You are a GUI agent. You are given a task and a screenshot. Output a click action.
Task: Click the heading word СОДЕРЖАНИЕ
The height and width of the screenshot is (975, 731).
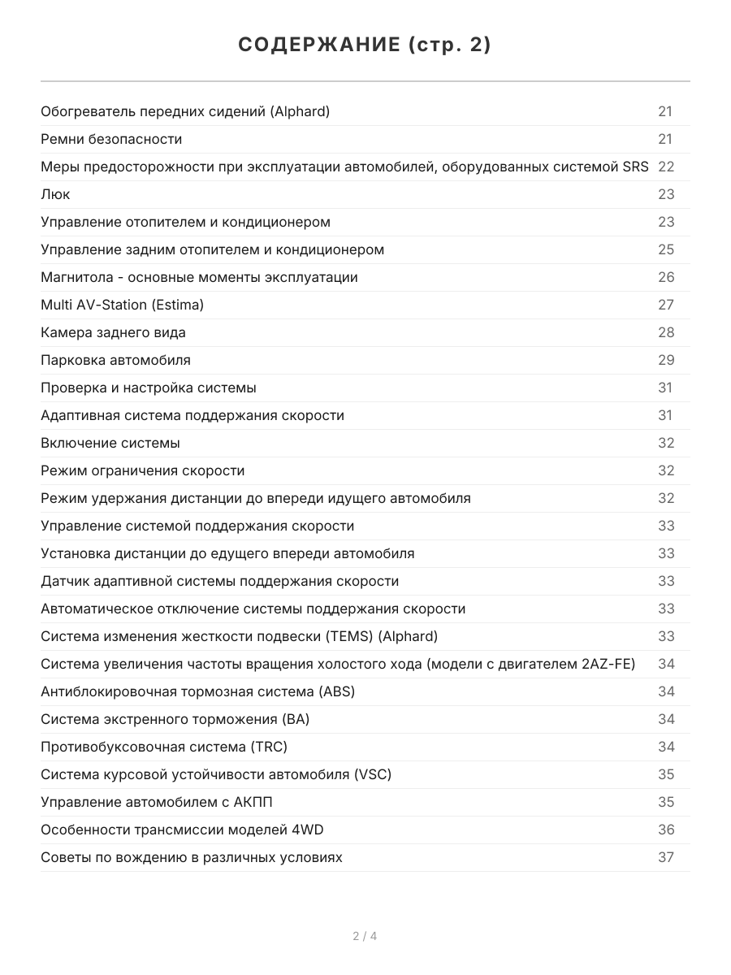(318, 45)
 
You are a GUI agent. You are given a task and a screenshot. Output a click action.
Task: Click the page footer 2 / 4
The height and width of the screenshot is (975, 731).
(365, 936)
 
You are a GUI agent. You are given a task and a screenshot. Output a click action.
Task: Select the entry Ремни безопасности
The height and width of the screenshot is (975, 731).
(111, 139)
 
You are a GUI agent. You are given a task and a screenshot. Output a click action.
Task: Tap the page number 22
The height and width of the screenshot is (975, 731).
(666, 167)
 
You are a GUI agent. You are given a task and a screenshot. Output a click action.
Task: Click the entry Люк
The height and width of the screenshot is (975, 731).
(55, 194)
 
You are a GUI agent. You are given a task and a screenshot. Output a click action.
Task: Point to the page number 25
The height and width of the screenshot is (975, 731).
(666, 249)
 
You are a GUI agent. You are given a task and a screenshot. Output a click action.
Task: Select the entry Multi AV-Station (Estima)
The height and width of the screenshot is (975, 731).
(122, 305)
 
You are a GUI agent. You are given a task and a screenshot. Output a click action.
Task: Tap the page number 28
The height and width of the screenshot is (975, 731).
(666, 332)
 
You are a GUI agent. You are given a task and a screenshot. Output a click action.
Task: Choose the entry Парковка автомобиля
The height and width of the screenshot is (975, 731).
(115, 360)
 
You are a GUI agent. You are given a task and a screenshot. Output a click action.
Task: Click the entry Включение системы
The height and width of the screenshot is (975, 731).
(110, 443)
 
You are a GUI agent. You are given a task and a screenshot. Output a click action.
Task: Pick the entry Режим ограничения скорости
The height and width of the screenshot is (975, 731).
(142, 470)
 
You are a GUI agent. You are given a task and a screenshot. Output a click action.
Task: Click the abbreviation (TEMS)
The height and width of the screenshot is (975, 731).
(352, 636)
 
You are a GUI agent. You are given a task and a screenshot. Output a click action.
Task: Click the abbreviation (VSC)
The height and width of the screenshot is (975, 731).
(373, 774)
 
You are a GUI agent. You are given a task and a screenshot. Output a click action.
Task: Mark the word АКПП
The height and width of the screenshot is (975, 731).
(253, 802)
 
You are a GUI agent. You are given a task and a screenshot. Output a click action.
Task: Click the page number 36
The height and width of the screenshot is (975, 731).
(666, 830)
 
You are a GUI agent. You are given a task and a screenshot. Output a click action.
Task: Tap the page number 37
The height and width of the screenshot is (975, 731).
(666, 857)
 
